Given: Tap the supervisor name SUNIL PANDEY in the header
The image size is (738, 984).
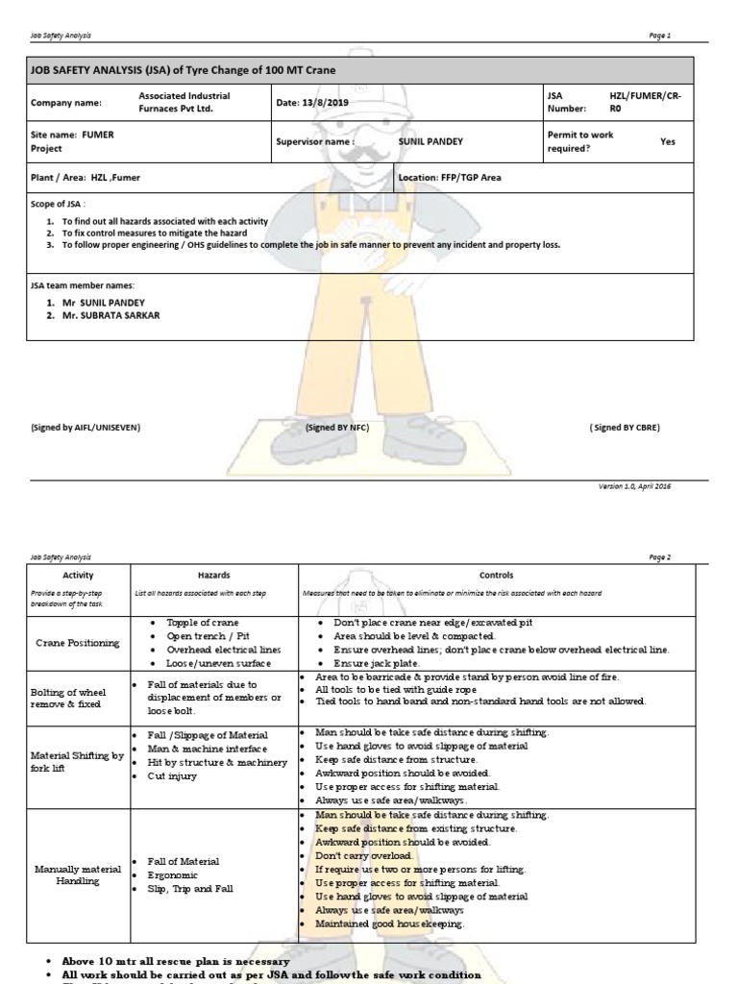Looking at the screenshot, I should (x=430, y=141).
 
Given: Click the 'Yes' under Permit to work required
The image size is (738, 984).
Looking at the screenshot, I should (x=667, y=141).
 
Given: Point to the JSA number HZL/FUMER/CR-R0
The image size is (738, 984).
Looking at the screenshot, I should (x=641, y=103).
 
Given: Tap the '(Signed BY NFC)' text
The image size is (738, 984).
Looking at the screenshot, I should (x=337, y=427).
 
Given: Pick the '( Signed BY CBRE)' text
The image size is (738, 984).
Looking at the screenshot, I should (x=625, y=427).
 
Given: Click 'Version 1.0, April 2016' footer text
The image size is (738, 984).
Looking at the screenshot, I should (x=634, y=486).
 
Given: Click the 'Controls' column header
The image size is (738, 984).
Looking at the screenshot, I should (x=502, y=575).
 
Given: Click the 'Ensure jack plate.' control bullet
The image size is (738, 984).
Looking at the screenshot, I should (x=376, y=663).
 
